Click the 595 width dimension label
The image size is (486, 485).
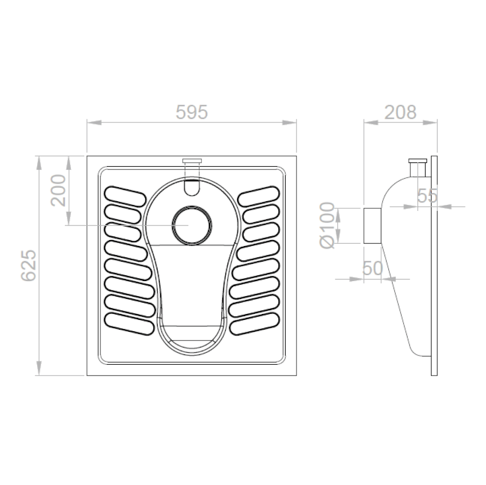click(x=192, y=112)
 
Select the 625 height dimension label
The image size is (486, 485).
click(x=29, y=265)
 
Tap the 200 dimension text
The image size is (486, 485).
click(x=58, y=190)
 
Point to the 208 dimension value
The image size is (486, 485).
click(x=400, y=112)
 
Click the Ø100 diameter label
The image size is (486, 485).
click(x=327, y=225)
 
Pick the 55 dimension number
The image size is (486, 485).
click(x=427, y=195)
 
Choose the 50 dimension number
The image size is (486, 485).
click(x=373, y=268)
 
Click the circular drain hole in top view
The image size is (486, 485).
click(x=192, y=225)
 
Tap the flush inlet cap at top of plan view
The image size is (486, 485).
click(x=192, y=161)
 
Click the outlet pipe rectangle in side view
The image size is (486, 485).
click(x=372, y=226)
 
